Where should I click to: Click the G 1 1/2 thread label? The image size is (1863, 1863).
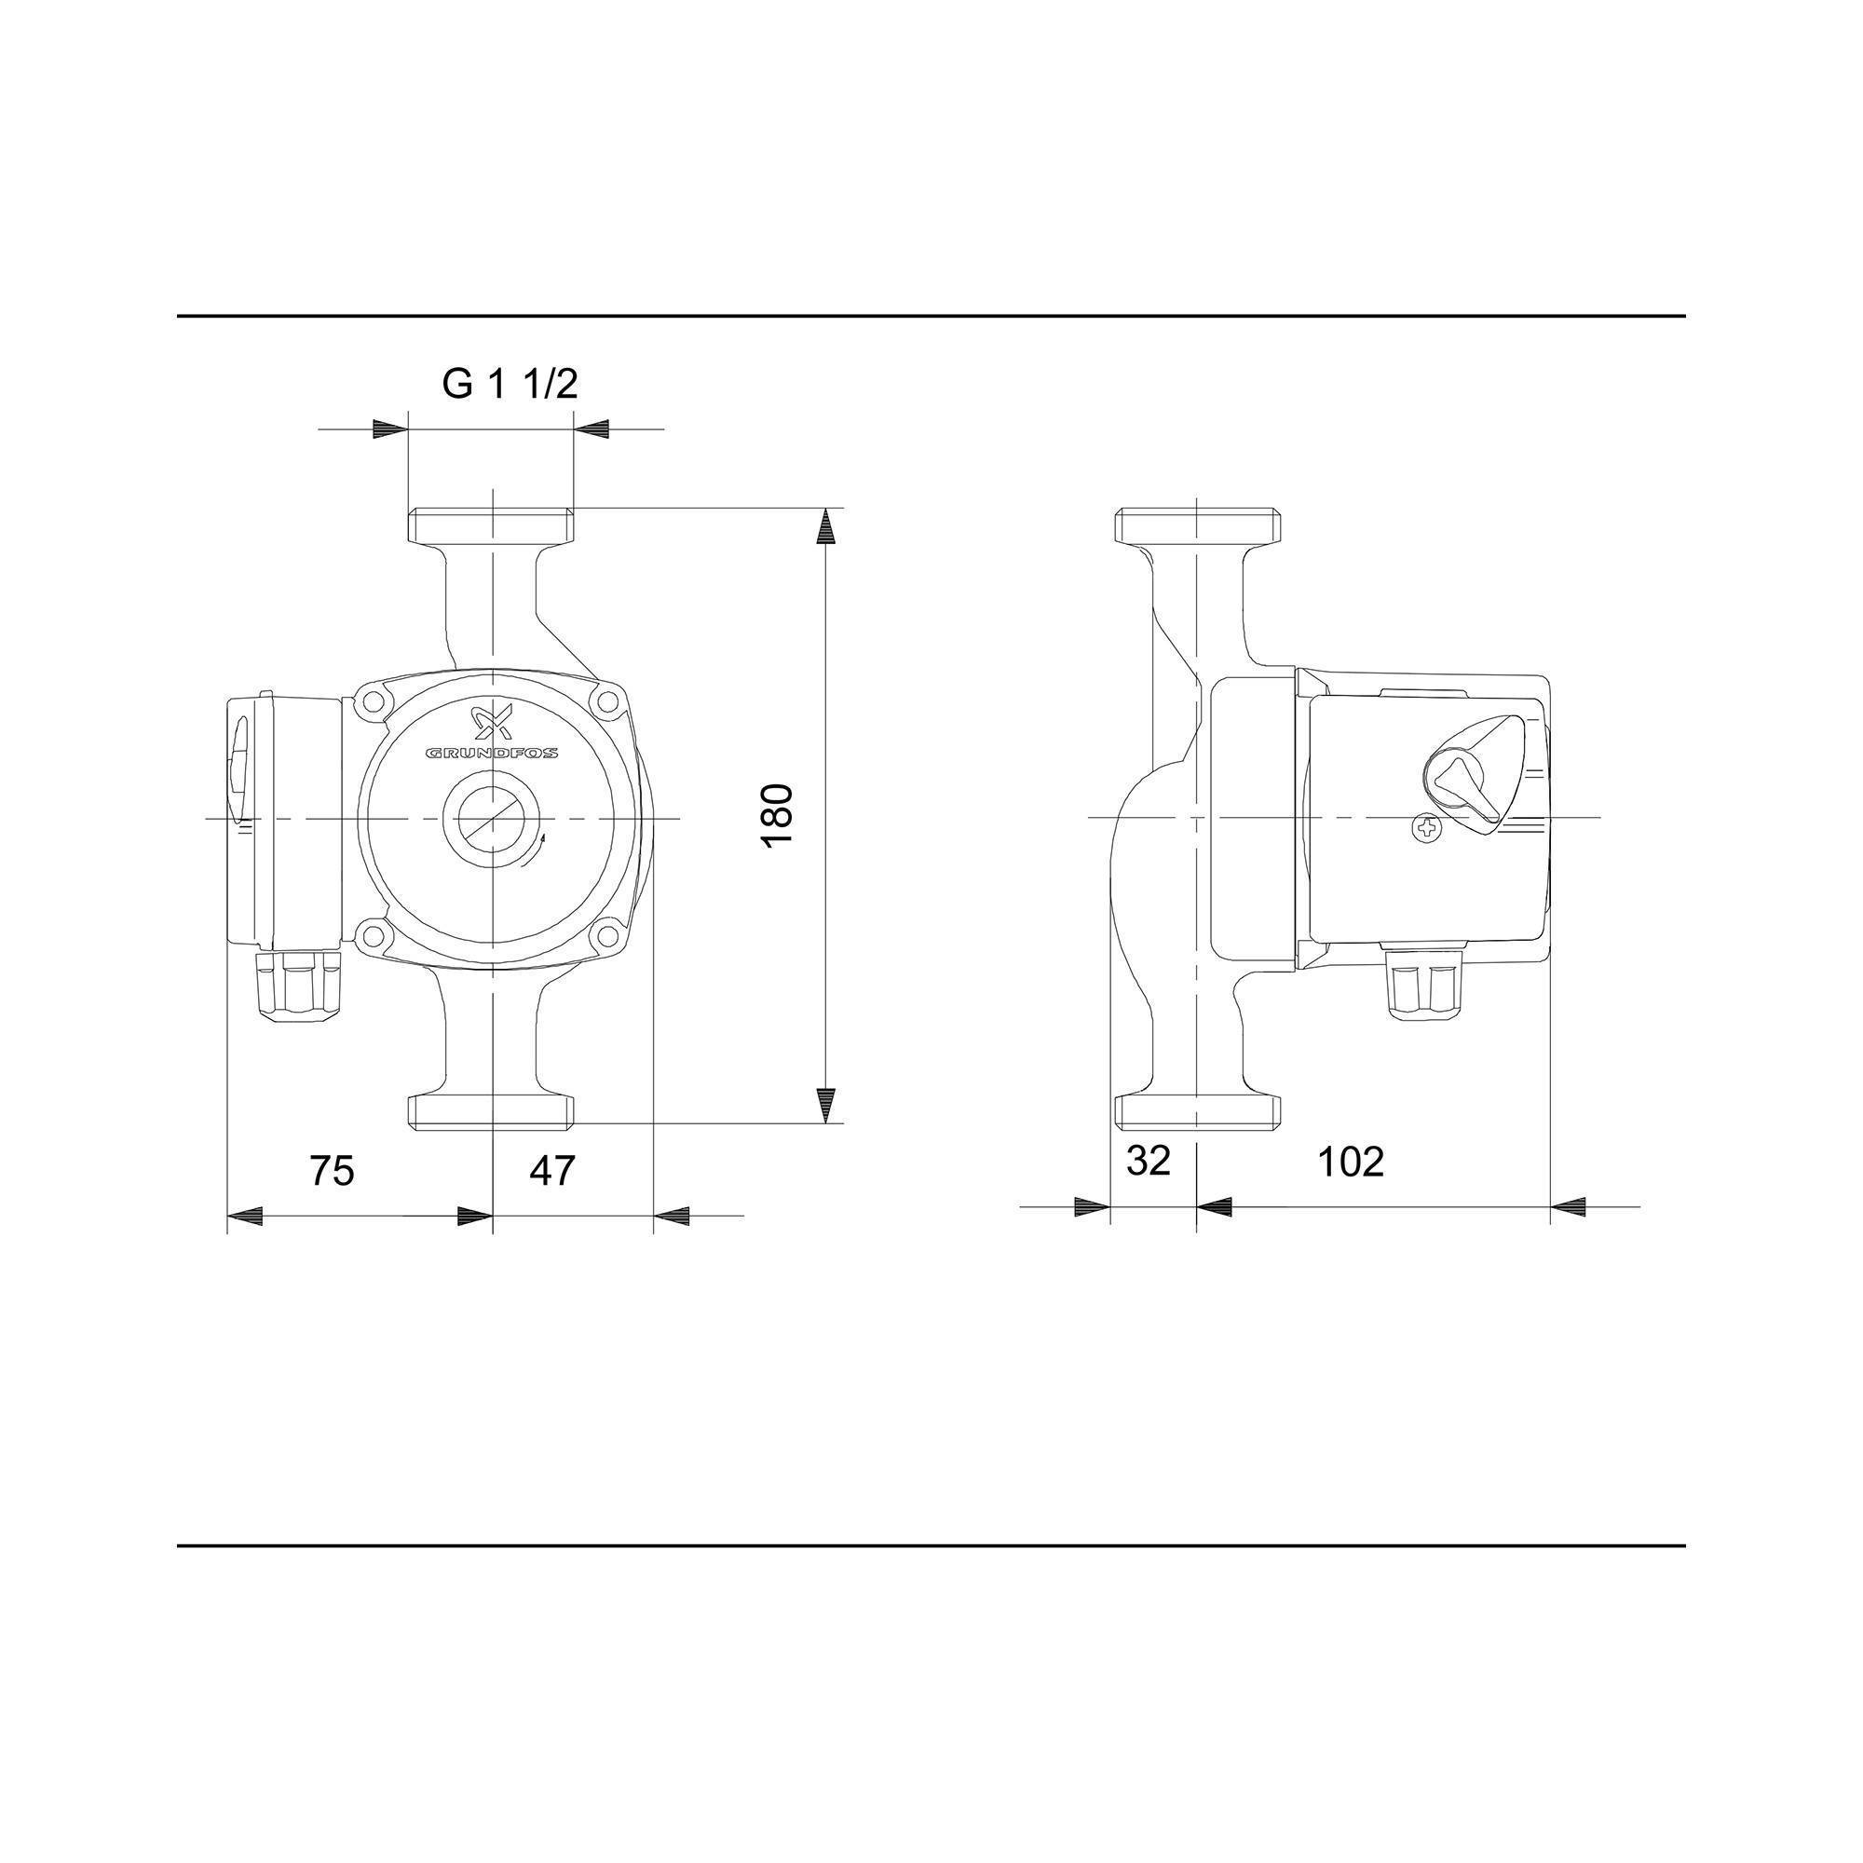510,384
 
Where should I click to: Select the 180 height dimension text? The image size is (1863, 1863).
777,816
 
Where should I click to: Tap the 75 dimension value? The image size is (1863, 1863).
332,1171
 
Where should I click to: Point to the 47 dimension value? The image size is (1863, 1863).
551,1171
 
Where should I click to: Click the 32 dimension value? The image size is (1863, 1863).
1148,1161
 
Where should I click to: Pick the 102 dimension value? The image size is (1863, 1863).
1350,1162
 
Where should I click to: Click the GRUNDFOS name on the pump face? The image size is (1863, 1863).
492,753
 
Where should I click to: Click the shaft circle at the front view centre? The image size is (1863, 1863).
492,817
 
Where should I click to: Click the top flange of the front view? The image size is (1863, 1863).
492,525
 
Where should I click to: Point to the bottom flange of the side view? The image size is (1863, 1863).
1197,1112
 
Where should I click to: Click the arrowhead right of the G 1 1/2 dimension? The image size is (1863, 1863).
591,429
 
